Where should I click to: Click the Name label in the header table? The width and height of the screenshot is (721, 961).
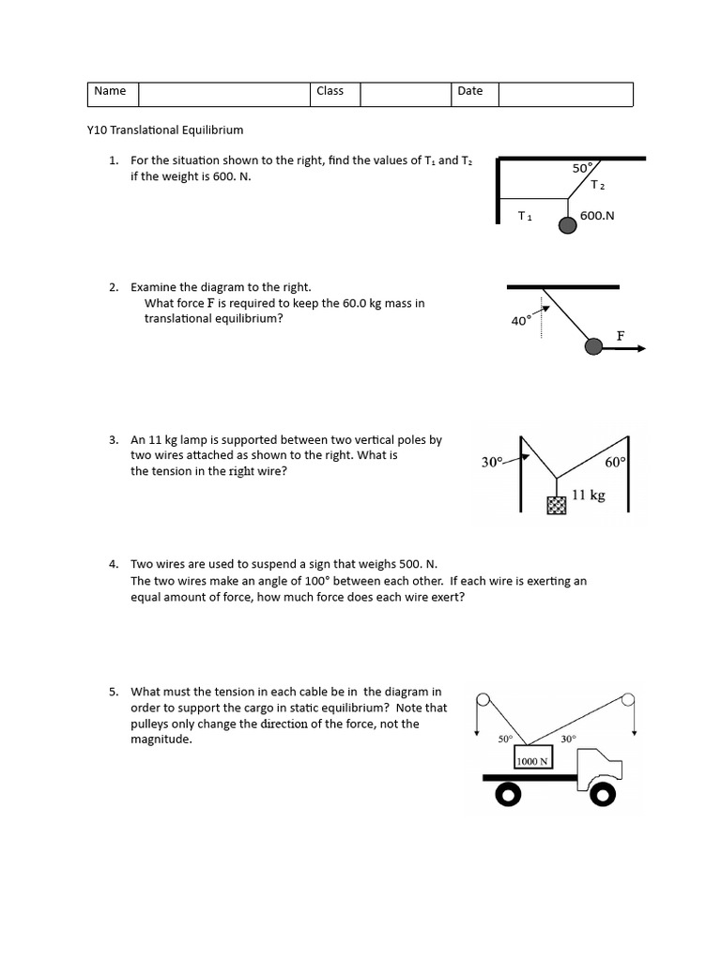(110, 92)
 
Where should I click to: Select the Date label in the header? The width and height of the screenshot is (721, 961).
(470, 92)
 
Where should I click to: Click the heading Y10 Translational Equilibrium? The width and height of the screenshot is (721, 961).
(164, 130)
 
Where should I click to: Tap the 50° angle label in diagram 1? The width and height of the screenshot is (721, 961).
(582, 168)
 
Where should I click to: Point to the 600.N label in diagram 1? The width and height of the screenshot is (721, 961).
(597, 216)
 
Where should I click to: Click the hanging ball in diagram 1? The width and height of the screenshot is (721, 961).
(568, 225)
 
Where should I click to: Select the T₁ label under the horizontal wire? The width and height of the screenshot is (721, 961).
(525, 217)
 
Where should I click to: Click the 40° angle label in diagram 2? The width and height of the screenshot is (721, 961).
(521, 321)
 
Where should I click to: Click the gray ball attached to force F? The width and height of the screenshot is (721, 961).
(593, 347)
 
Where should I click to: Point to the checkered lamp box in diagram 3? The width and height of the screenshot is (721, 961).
(557, 506)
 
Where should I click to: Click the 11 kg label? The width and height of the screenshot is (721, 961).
(589, 495)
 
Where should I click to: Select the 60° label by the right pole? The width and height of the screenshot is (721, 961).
(615, 463)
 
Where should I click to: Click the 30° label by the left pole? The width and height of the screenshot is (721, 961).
(493, 462)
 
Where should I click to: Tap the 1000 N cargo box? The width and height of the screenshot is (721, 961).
(530, 761)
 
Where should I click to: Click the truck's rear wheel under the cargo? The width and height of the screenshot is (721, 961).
(508, 797)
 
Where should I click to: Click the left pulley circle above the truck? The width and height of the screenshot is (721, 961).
(483, 700)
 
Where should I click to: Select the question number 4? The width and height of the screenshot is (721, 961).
(113, 564)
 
